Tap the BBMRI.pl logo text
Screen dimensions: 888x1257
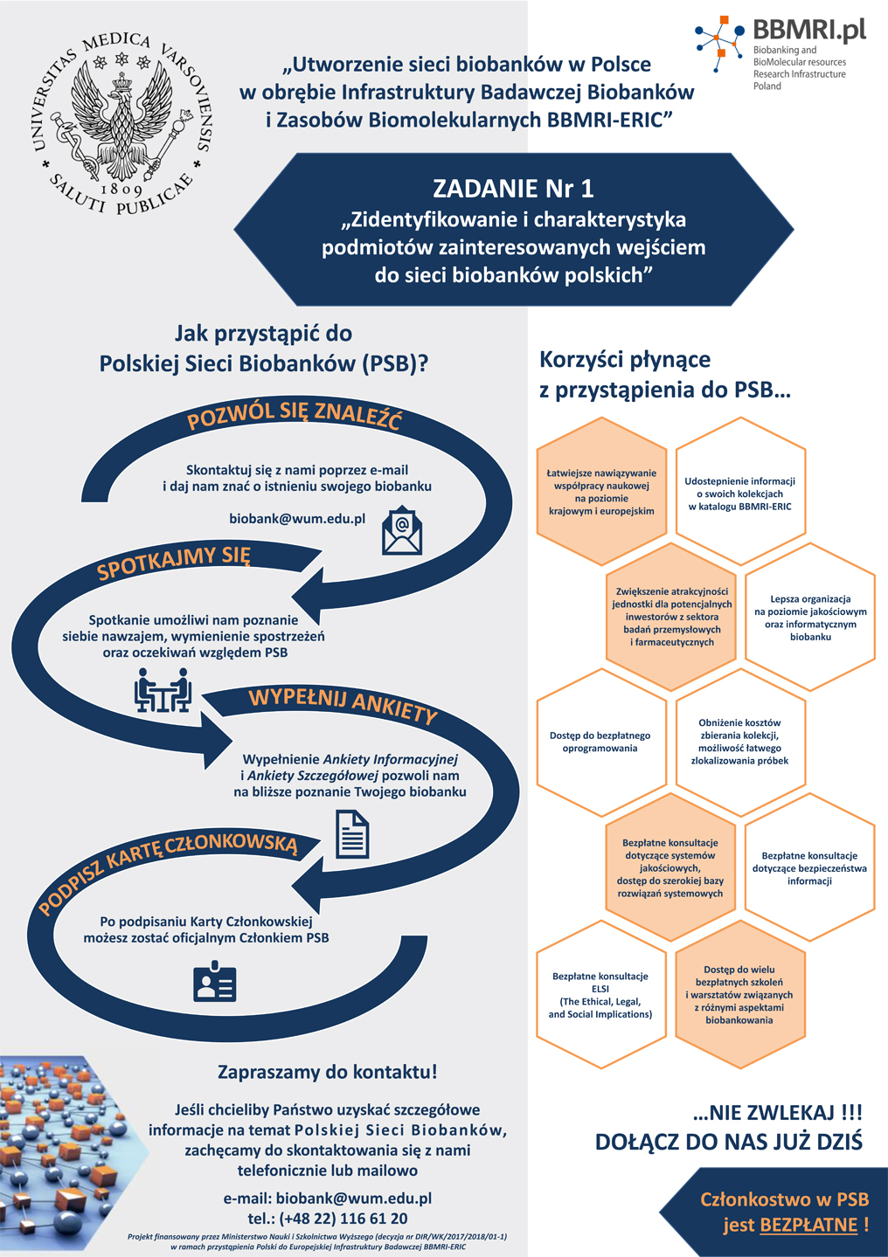(x=809, y=29)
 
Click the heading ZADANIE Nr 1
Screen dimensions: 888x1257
(x=513, y=189)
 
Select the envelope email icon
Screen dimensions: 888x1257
(x=402, y=530)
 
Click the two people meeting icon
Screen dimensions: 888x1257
(x=163, y=690)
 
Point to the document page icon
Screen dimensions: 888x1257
(x=352, y=834)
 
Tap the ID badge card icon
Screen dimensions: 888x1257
(x=214, y=981)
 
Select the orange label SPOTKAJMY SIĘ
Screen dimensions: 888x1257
(x=173, y=563)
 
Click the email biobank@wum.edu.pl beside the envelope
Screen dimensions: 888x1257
(x=297, y=519)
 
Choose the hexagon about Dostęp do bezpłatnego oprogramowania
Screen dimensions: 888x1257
(x=601, y=742)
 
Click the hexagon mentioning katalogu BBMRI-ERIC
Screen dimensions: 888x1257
(x=740, y=491)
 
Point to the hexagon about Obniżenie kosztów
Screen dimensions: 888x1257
(x=740, y=742)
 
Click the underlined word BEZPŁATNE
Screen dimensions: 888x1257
(x=808, y=1224)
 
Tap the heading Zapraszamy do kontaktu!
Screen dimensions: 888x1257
(x=327, y=1072)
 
